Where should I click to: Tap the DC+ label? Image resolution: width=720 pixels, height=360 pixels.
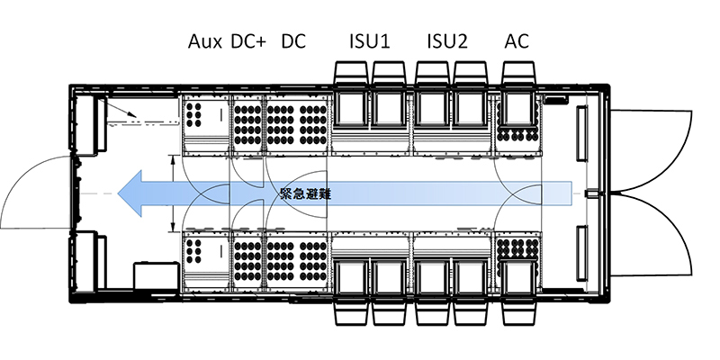click(247, 41)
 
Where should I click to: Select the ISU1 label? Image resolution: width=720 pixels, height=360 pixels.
click(370, 41)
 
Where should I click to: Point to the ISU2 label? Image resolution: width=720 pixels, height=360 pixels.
click(447, 41)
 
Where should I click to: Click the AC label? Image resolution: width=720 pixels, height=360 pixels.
click(517, 41)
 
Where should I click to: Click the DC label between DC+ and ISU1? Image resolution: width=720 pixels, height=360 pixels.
click(293, 41)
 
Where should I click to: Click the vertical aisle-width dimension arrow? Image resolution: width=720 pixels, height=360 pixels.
click(172, 193)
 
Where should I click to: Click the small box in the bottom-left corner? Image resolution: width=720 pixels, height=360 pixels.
click(148, 274)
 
